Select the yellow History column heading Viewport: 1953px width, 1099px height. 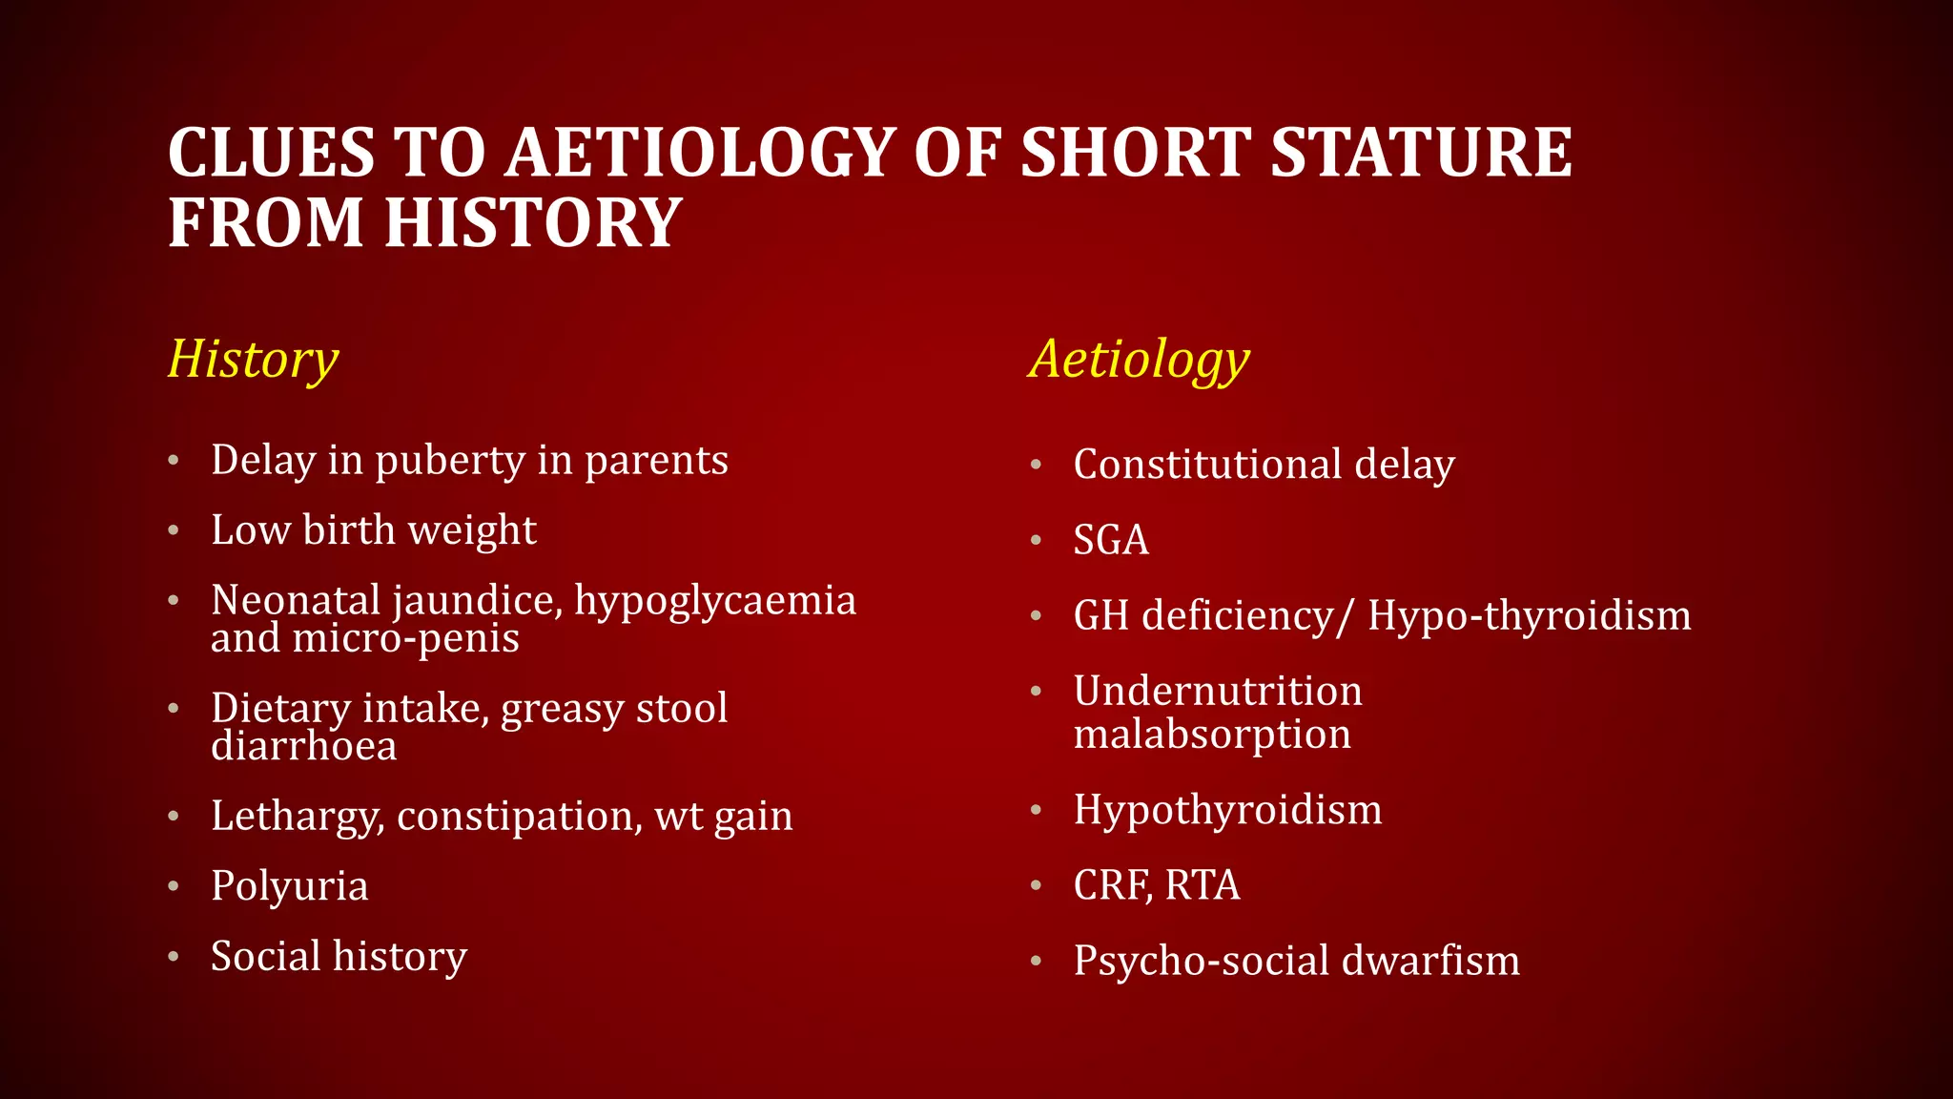pyautogui.click(x=253, y=360)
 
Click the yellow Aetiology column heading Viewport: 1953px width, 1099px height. pyautogui.click(x=1139, y=360)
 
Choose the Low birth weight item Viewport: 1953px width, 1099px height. pyautogui.click(x=373, y=530)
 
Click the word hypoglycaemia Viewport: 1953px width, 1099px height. pyautogui.click(x=715, y=601)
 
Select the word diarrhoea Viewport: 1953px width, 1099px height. pyautogui.click(x=303, y=746)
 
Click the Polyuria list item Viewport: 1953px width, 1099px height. pyautogui.click(x=289, y=886)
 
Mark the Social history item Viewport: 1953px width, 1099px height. pyautogui.click(x=339, y=957)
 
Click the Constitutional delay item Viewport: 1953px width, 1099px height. pyautogui.click(x=1264, y=465)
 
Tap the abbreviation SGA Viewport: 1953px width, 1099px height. pyautogui.click(x=1111, y=540)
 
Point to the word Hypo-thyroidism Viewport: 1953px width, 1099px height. pyautogui.click(x=1529, y=615)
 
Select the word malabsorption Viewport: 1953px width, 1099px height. pyautogui.click(x=1212, y=735)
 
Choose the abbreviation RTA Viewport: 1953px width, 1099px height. pyautogui.click(x=1203, y=885)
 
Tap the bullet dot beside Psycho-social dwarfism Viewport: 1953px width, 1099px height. pyautogui.click(x=1037, y=962)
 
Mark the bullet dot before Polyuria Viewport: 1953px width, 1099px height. pyautogui.click(x=174, y=886)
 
